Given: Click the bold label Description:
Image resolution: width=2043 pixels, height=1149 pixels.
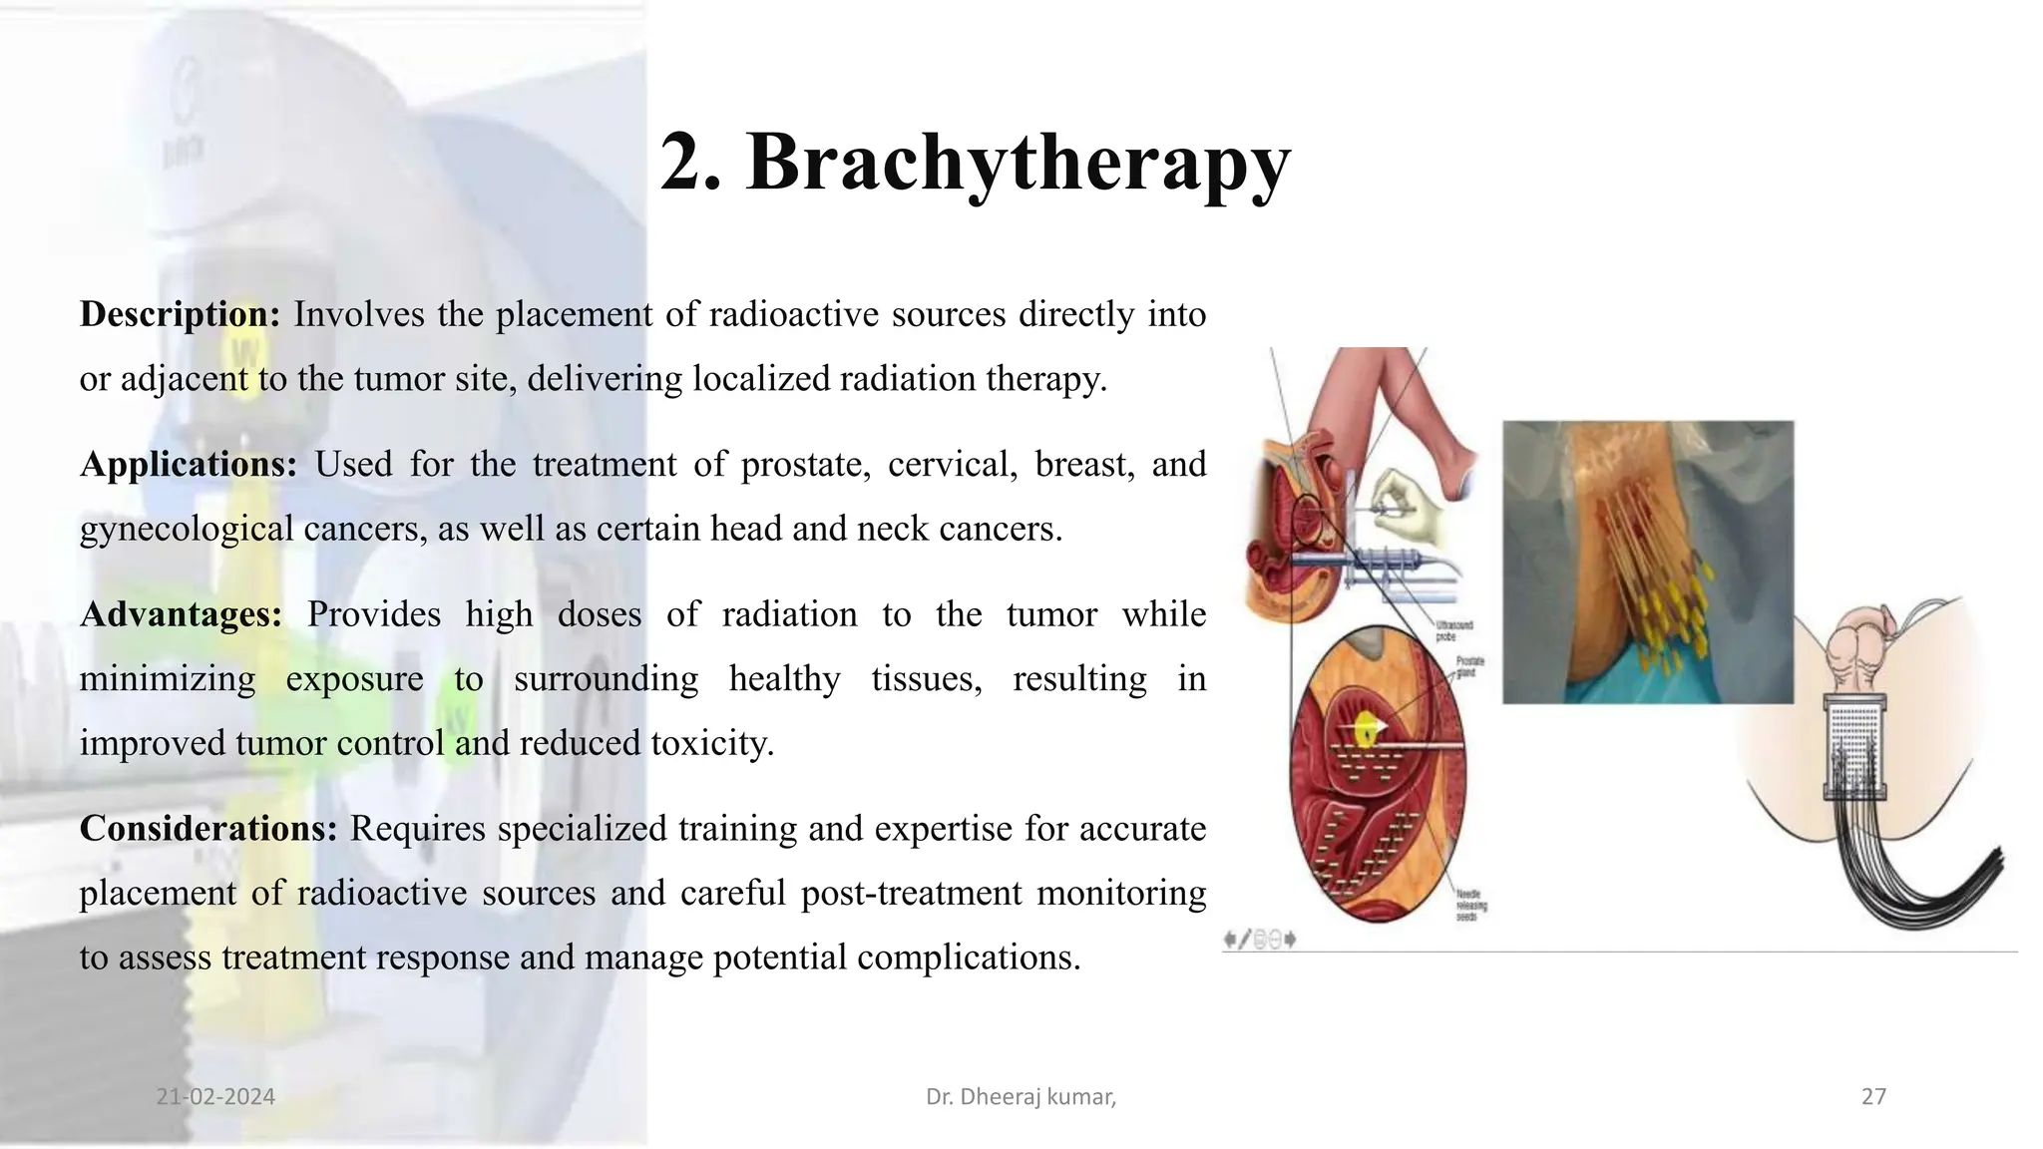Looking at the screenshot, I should (180, 315).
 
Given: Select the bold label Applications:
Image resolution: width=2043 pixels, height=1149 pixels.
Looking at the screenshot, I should (188, 465).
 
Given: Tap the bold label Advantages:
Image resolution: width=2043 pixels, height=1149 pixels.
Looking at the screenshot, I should (181, 614).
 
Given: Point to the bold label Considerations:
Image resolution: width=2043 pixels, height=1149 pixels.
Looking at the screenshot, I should (207, 829).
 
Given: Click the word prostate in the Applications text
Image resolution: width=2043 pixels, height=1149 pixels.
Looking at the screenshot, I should (805, 465).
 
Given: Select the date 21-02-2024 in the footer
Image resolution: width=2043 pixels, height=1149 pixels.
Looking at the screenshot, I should (215, 1097).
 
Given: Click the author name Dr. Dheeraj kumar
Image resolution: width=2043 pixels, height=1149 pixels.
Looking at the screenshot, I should (1020, 1097).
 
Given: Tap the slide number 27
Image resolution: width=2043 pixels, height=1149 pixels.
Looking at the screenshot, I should (1873, 1097).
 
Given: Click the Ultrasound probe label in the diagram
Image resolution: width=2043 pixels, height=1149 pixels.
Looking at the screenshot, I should (1453, 630).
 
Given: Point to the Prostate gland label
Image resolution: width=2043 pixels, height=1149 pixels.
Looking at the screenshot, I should (1469, 666).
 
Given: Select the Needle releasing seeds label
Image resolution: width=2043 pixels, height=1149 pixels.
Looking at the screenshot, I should (1470, 905).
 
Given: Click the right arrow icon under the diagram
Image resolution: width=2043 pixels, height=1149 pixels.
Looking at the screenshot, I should (1291, 940).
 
